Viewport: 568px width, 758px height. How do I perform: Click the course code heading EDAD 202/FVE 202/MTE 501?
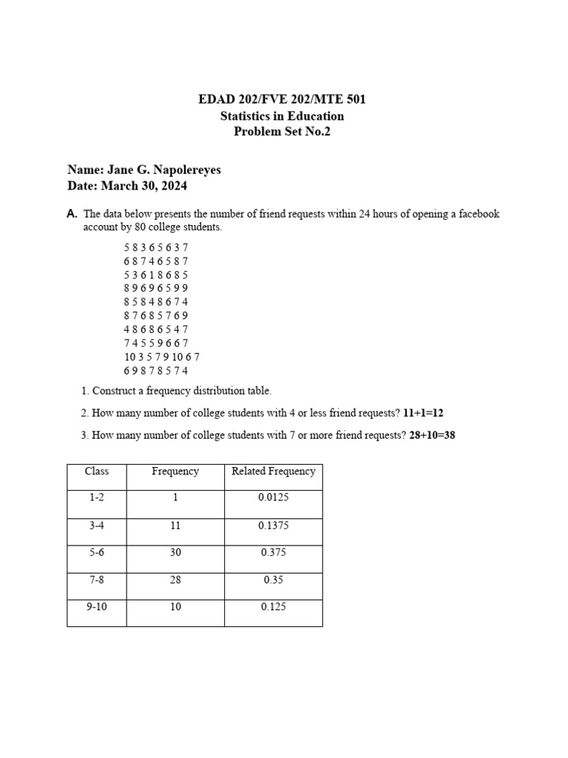(282, 99)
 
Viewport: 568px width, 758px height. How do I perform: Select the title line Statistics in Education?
(282, 115)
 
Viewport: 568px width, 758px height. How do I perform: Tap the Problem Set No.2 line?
(282, 132)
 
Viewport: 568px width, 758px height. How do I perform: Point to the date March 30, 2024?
(144, 186)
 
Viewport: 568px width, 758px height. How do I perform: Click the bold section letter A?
(72, 214)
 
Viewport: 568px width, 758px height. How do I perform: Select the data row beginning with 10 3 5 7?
(161, 356)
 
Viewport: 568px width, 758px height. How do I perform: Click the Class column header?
(97, 472)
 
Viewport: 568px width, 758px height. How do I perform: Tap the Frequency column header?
(175, 472)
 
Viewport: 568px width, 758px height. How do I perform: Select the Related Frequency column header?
(273, 472)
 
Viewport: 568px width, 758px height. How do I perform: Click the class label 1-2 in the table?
(97, 497)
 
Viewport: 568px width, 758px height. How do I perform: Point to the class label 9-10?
(97, 607)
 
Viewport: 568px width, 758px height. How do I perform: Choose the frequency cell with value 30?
(175, 552)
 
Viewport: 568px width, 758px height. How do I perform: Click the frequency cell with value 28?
(175, 580)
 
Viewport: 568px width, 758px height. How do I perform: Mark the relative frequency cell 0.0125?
(273, 497)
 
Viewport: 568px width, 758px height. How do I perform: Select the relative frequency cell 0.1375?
(273, 525)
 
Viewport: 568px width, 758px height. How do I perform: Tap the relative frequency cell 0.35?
(273, 580)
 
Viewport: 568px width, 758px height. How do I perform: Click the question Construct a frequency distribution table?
(181, 390)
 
